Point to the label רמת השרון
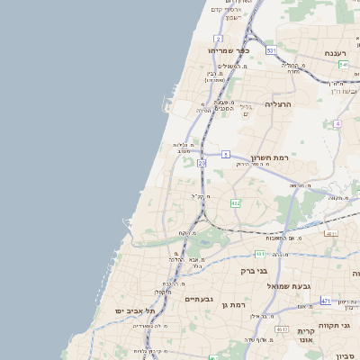click(269, 156)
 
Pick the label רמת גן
click(233, 305)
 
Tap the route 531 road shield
click(271, 51)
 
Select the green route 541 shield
click(344, 65)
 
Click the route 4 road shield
click(337, 123)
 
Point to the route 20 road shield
click(202, 163)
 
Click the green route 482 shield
click(236, 203)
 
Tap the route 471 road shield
click(325, 301)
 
